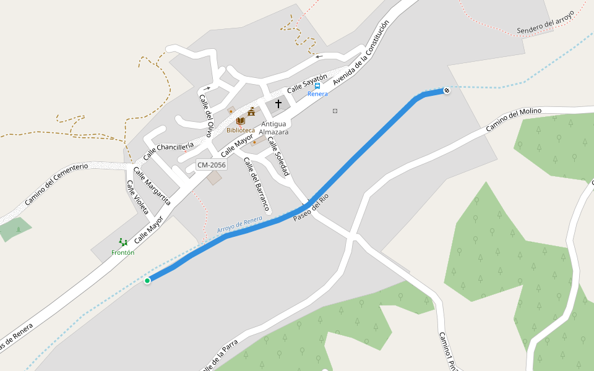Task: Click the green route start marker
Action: [147, 281]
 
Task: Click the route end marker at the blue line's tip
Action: [446, 91]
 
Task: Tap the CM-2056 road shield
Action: [211, 165]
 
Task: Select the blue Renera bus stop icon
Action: [317, 87]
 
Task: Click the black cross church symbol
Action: [278, 104]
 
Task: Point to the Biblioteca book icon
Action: [240, 121]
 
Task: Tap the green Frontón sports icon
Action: [123, 243]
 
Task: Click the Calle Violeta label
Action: [137, 198]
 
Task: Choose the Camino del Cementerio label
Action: [56, 184]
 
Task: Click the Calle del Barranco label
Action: [257, 183]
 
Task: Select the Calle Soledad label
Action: [278, 156]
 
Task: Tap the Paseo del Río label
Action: [311, 208]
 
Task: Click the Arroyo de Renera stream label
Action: [240, 226]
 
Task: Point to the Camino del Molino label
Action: [513, 119]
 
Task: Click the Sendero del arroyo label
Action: [546, 22]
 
